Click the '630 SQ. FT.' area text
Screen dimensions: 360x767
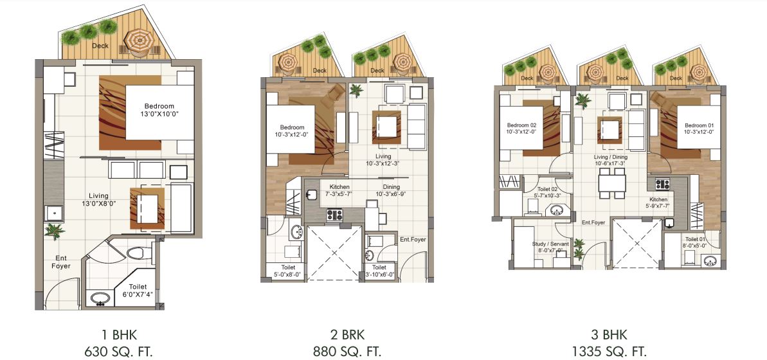(x=119, y=351)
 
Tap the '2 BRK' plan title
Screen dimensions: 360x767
(x=347, y=334)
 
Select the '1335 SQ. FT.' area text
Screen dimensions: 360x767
(x=608, y=351)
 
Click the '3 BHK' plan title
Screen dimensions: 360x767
(x=608, y=334)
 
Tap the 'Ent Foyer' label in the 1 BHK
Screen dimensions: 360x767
(x=62, y=261)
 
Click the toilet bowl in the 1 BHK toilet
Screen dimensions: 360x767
(x=137, y=254)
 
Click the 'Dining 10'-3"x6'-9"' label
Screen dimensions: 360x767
(x=391, y=190)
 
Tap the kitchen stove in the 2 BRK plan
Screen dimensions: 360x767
(x=335, y=215)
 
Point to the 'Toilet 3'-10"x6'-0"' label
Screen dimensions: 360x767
(x=379, y=271)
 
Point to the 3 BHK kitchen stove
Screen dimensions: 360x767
(x=663, y=184)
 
